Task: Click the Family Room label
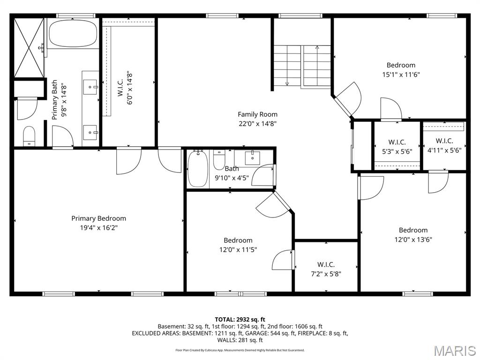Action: (257, 114)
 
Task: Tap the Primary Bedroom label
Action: (98, 218)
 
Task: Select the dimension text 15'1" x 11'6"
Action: (401, 75)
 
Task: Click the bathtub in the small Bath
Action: (198, 169)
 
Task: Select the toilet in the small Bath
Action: (219, 160)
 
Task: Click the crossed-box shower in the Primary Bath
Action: (29, 47)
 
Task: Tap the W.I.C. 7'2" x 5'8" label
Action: (326, 269)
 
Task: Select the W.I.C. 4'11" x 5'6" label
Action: (444, 145)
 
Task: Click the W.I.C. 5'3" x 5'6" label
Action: (397, 147)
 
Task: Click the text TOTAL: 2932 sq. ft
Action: (240, 320)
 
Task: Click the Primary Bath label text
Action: (54, 100)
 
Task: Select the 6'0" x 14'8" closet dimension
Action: (130, 89)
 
